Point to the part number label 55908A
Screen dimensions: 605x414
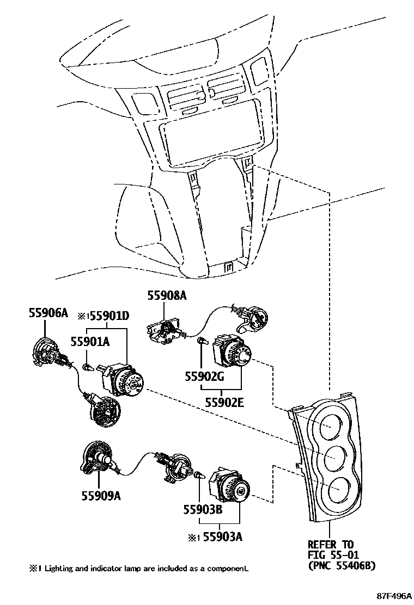coord(167,295)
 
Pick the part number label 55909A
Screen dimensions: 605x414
coord(101,496)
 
